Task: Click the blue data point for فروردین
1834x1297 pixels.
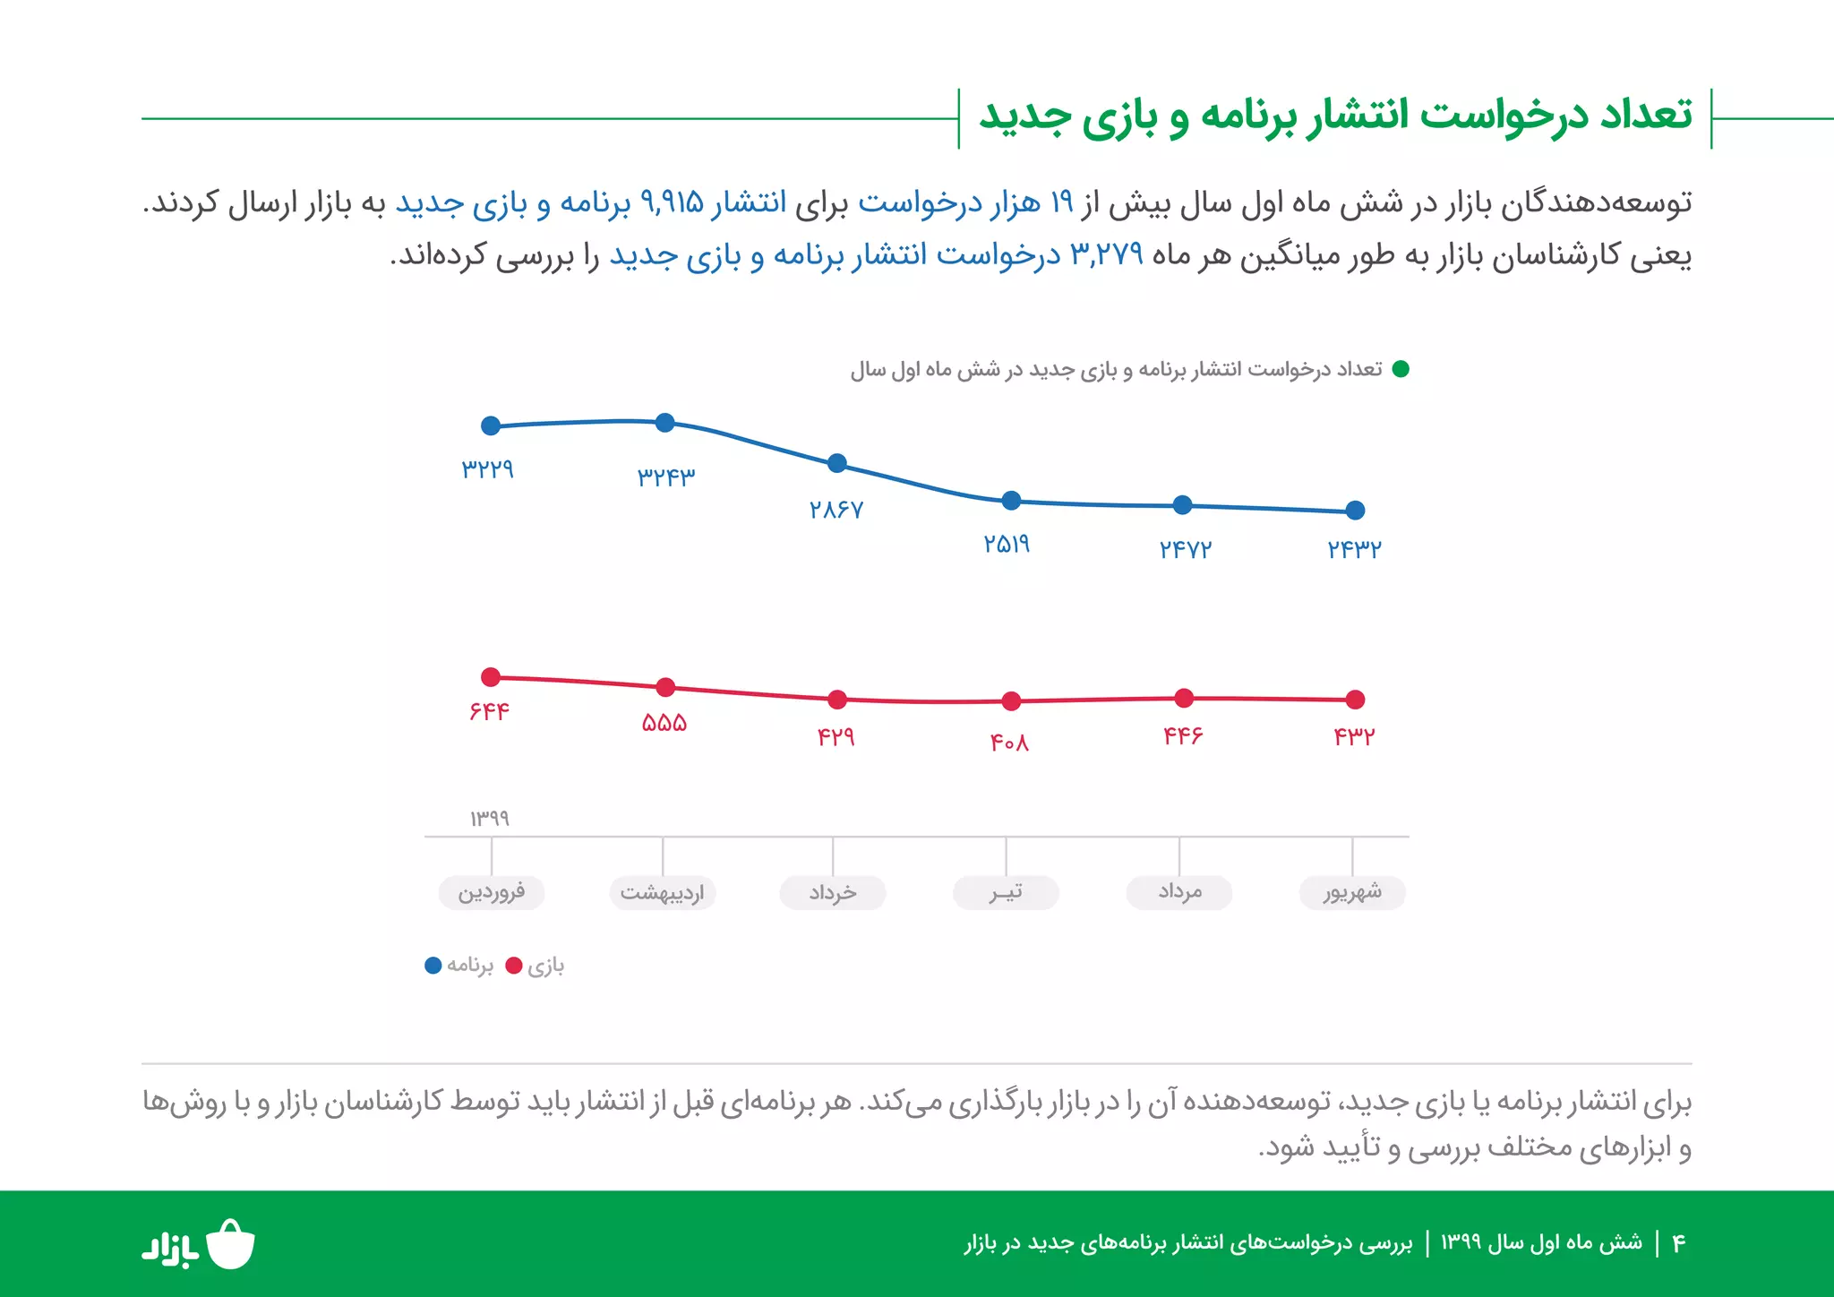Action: pyautogui.click(x=491, y=426)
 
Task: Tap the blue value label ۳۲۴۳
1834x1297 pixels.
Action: pyautogui.click(x=665, y=477)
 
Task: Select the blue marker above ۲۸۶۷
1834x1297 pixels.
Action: pyautogui.click(x=837, y=463)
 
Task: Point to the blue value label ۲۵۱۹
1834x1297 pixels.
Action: pyautogui.click(x=1007, y=544)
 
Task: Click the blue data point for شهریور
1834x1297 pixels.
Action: pyautogui.click(x=1355, y=511)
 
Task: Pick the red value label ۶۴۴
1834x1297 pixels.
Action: pyautogui.click(x=489, y=711)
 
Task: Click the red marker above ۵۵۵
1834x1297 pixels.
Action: pyautogui.click(x=665, y=688)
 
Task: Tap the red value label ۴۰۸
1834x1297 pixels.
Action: pyautogui.click(x=1009, y=743)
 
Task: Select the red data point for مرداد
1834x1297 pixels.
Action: pyautogui.click(x=1184, y=698)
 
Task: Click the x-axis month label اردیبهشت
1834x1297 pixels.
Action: pyautogui.click(x=663, y=892)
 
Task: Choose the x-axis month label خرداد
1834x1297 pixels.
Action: pyautogui.click(x=833, y=892)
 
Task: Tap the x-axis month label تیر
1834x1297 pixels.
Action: pyautogui.click(x=1006, y=892)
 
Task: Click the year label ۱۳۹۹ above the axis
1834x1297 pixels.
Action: pyautogui.click(x=490, y=818)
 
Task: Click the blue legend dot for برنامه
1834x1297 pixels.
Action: pyautogui.click(x=433, y=966)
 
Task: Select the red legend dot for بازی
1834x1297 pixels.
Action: pyautogui.click(x=514, y=966)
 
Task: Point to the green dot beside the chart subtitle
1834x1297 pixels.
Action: pyautogui.click(x=1401, y=369)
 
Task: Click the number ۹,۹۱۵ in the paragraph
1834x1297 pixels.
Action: pyautogui.click(x=672, y=203)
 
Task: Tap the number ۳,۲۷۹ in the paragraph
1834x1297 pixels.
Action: pyautogui.click(x=1107, y=255)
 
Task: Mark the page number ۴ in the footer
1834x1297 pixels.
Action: pyautogui.click(x=1679, y=1243)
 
